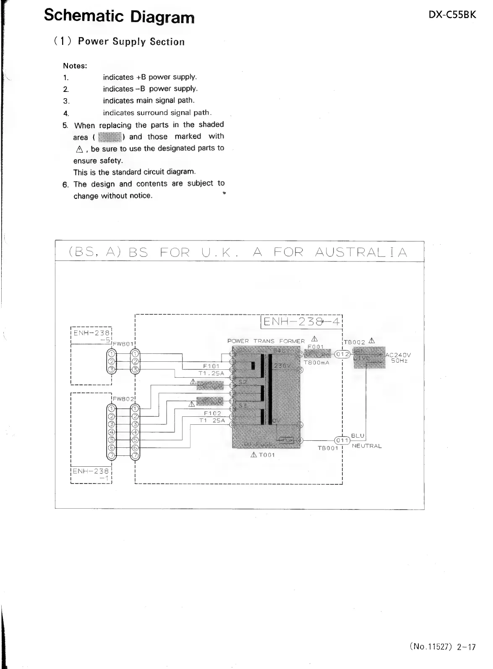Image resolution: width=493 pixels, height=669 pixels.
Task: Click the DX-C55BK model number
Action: (452, 15)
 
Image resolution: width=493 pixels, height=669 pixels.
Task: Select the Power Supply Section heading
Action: (131, 42)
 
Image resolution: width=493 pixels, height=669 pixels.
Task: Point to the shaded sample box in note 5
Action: (110, 137)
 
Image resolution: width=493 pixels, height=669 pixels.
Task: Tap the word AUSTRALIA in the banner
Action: (361, 252)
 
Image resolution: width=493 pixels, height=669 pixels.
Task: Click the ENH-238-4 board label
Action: (302, 322)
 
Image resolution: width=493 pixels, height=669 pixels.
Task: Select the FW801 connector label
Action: (123, 344)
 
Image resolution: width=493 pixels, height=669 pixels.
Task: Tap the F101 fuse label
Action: (211, 366)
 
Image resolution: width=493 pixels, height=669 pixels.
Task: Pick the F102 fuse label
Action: (212, 413)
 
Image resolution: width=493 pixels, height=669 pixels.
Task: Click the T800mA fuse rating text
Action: (316, 363)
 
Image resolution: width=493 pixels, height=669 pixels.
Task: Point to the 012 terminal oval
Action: (342, 354)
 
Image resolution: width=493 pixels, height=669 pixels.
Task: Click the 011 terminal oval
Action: (342, 440)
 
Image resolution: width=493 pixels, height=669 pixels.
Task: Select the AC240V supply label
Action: (398, 355)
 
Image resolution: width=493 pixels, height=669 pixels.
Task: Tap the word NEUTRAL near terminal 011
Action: (367, 446)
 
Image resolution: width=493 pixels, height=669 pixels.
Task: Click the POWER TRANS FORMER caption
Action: (266, 341)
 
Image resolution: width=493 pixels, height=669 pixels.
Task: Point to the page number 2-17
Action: (466, 647)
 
